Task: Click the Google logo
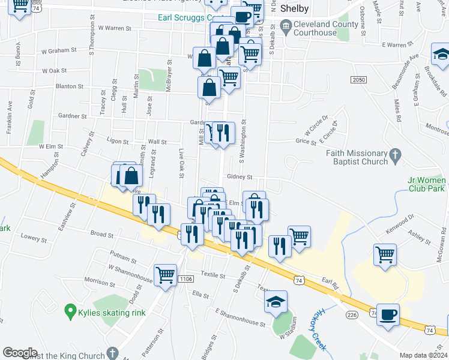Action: tap(20, 352)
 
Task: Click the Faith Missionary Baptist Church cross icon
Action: tap(394, 157)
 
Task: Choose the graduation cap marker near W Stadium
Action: tap(276, 302)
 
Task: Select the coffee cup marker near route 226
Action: tap(388, 314)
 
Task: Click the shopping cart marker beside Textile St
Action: tap(165, 275)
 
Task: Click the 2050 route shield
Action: tap(358, 80)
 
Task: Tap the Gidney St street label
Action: tap(240, 177)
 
